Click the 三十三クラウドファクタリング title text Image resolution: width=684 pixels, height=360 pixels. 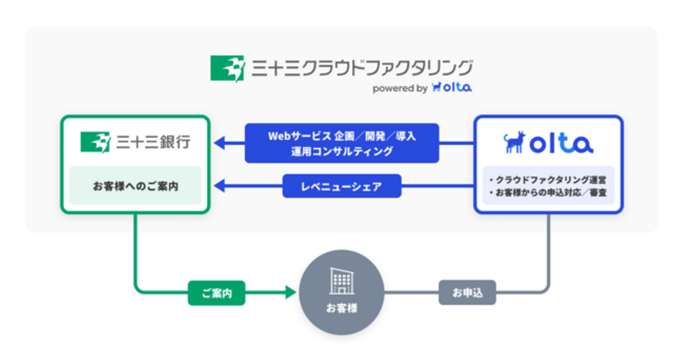(362, 68)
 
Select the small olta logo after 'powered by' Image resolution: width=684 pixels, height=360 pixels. (452, 88)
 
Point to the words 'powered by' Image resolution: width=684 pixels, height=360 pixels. (399, 89)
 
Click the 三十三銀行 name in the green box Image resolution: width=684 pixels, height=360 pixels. (153, 142)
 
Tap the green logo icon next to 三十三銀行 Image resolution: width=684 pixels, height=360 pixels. (95, 142)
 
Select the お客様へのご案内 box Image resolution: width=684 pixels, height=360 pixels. (135, 186)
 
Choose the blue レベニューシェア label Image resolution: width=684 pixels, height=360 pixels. (342, 186)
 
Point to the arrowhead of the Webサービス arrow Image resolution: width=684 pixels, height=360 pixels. (220, 142)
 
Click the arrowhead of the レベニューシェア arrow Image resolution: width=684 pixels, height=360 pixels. (220, 186)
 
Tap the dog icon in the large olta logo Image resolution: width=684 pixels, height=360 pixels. (513, 142)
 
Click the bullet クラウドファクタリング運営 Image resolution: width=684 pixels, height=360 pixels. (547, 180)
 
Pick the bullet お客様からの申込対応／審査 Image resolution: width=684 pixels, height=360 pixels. (547, 193)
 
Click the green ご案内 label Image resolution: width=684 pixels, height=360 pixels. (217, 293)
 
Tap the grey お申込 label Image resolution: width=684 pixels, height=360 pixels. (467, 293)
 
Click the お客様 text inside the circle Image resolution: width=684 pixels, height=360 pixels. (342, 308)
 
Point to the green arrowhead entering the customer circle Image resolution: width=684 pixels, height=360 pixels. (291, 293)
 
